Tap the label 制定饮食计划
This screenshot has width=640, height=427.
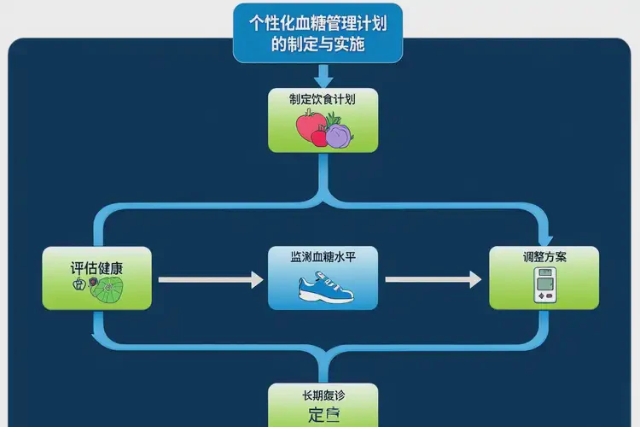click(323, 99)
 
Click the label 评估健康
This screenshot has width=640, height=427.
click(96, 267)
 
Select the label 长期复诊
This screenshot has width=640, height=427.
click(323, 395)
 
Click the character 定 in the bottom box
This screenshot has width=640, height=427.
click(315, 416)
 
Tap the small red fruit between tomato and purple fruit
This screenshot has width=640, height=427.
click(320, 137)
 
